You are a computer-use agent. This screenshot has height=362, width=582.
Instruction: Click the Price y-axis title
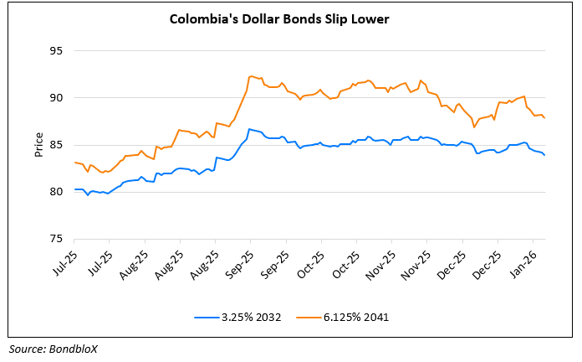38,144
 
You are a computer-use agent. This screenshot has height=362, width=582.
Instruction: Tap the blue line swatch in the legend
207,317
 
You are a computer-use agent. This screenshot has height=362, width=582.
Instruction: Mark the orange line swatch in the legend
309,317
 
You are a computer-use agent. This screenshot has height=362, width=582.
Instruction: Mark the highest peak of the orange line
251,76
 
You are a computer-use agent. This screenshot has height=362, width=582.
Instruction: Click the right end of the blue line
546,155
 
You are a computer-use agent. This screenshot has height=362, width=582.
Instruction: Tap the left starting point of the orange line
74,163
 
